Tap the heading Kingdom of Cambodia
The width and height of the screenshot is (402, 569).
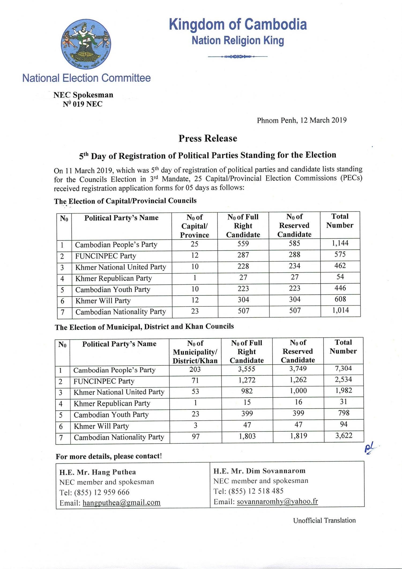pyautogui.click(x=238, y=24)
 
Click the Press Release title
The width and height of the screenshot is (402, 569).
pyautogui.click(x=208, y=138)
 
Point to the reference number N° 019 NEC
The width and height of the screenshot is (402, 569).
pyautogui.click(x=83, y=104)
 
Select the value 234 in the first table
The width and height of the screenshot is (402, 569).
pyautogui.click(x=295, y=266)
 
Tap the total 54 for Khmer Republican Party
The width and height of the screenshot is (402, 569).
pyautogui.click(x=340, y=277)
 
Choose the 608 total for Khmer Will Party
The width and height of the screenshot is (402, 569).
pyautogui.click(x=340, y=299)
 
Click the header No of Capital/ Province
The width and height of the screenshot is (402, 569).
pyautogui.click(x=195, y=226)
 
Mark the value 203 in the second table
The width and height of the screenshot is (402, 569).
pyautogui.click(x=195, y=369)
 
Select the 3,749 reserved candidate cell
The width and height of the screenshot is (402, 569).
pyautogui.click(x=298, y=369)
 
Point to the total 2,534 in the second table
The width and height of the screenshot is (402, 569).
pyautogui.click(x=344, y=380)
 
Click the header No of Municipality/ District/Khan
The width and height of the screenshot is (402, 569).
pyautogui.click(x=195, y=352)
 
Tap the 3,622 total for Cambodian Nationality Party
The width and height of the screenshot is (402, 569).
pyautogui.click(x=344, y=435)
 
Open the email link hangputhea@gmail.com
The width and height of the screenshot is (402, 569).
pyautogui.click(x=121, y=502)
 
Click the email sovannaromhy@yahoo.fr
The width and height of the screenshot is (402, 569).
pyautogui.click(x=277, y=501)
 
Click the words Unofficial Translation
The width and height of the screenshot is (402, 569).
pyautogui.click(x=324, y=520)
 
